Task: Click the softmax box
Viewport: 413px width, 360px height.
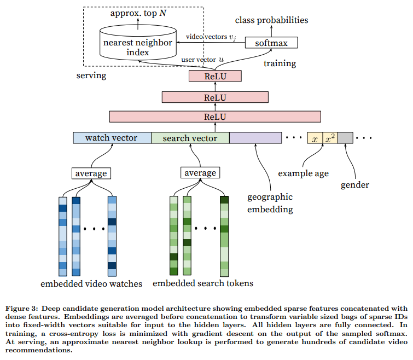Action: [x=271, y=43]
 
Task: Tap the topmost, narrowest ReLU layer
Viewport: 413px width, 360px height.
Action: [x=215, y=76]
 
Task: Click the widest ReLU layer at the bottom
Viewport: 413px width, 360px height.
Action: [x=215, y=117]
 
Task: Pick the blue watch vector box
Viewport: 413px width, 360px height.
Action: [x=112, y=138]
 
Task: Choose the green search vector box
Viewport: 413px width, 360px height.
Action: [x=190, y=138]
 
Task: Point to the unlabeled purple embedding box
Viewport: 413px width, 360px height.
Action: [x=255, y=138]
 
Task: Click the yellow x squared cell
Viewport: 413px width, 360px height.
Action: [x=330, y=138]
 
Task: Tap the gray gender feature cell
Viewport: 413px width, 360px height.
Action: [x=345, y=138]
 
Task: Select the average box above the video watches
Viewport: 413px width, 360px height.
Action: [x=91, y=173]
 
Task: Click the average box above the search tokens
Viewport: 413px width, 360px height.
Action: [x=200, y=173]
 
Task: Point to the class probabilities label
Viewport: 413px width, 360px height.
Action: [x=271, y=20]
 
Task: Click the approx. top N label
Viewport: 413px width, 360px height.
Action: [x=138, y=13]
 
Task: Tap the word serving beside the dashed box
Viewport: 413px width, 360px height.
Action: [x=91, y=76]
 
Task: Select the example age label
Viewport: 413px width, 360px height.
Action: [x=304, y=173]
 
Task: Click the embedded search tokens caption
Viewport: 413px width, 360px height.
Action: [x=203, y=283]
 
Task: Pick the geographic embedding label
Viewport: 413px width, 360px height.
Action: [x=270, y=203]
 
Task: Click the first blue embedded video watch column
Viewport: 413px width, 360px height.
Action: [x=63, y=236]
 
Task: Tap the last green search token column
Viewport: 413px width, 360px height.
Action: [x=224, y=236]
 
